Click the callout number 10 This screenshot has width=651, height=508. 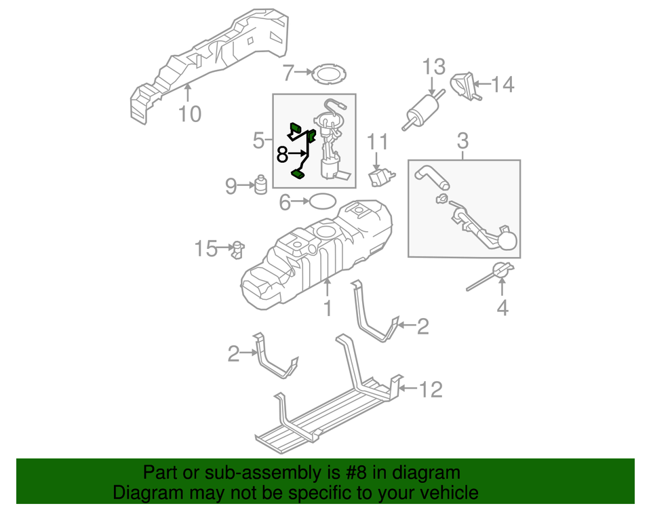click(190, 113)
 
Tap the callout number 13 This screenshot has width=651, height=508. click(434, 67)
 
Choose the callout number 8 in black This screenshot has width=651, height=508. click(283, 155)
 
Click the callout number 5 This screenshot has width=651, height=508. click(258, 141)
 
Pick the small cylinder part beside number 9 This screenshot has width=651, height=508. click(261, 184)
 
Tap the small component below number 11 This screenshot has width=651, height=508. click(380, 176)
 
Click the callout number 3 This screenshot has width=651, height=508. click(462, 142)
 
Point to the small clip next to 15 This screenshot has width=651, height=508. click(237, 249)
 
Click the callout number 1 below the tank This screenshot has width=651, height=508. click(328, 309)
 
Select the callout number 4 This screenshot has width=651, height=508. click(502, 308)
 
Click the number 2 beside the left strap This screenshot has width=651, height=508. click(233, 353)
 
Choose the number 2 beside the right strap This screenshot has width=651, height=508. click(422, 328)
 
